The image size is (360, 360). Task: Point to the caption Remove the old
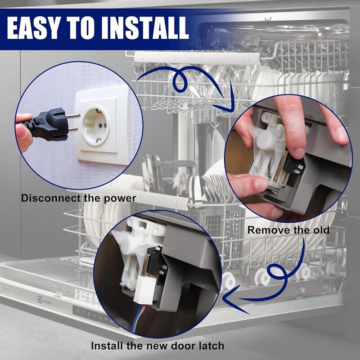(288, 230)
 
